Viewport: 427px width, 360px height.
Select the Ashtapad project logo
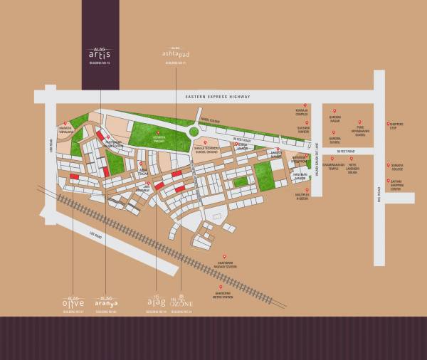tap(171, 55)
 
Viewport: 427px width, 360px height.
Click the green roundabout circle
tap(194, 131)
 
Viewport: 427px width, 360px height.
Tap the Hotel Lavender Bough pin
tap(352, 159)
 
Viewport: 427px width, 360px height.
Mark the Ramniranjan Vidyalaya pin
tap(65, 124)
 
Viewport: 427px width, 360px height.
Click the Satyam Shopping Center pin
tap(389, 180)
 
